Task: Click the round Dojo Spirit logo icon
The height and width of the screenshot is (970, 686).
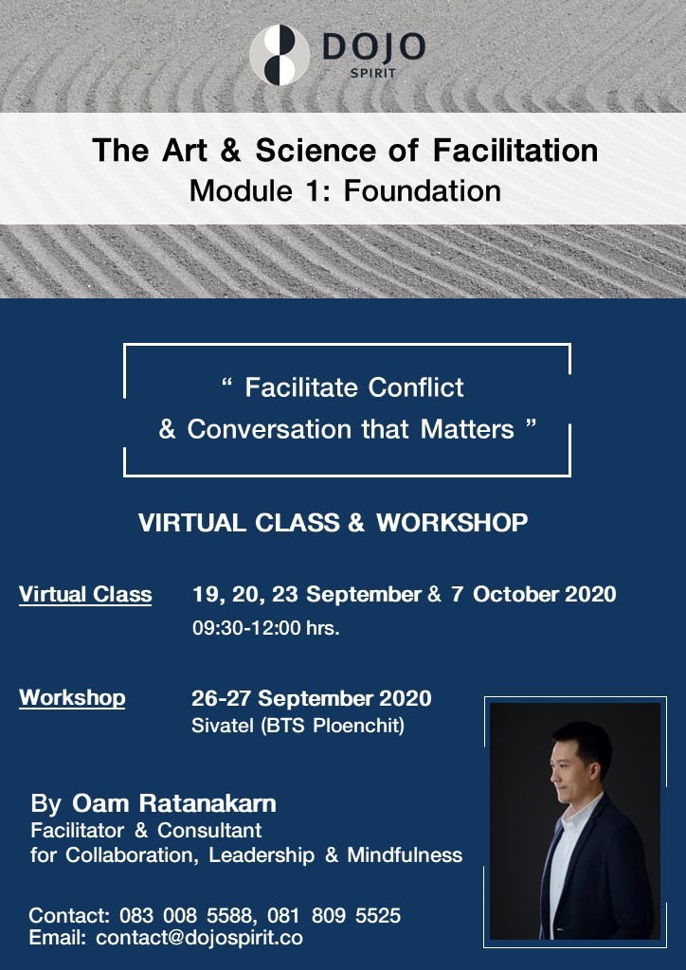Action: click(279, 55)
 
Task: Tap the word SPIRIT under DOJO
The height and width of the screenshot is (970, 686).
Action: click(372, 73)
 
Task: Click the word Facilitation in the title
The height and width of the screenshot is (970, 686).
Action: click(515, 151)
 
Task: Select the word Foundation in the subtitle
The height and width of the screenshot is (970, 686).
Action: click(423, 189)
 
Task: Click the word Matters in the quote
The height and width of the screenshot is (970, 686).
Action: click(467, 429)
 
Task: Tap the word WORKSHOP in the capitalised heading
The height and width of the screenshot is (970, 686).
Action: click(452, 523)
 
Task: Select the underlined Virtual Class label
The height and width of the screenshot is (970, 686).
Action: click(85, 595)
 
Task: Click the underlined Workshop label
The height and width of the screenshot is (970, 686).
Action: click(72, 698)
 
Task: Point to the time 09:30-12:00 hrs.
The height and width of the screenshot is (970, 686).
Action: click(266, 628)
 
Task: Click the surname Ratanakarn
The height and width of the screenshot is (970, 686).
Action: click(208, 803)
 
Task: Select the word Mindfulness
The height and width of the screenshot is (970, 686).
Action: click(405, 855)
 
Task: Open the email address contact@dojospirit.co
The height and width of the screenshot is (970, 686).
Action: click(199, 938)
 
